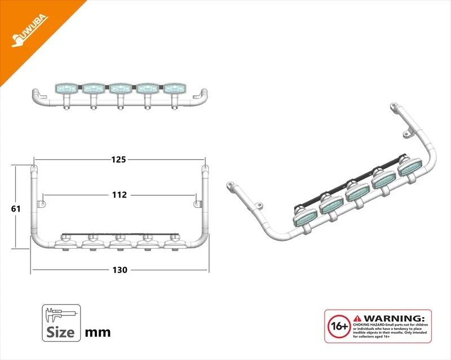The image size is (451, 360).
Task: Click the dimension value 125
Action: pyautogui.click(x=118, y=160)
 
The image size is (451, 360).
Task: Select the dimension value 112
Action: pyautogui.click(x=119, y=195)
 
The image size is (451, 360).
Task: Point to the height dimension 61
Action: pyautogui.click(x=16, y=208)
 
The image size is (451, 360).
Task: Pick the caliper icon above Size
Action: pyautogui.click(x=61, y=314)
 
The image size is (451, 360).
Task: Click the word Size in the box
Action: pyautogui.click(x=61, y=331)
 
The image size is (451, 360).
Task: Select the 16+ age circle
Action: pyautogui.click(x=338, y=326)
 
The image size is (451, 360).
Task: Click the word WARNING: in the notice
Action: pyautogui.click(x=395, y=318)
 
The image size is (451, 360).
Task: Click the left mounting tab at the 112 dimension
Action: pyautogui.click(x=41, y=201)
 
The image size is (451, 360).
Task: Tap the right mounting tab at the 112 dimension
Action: pyautogui.click(x=197, y=201)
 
